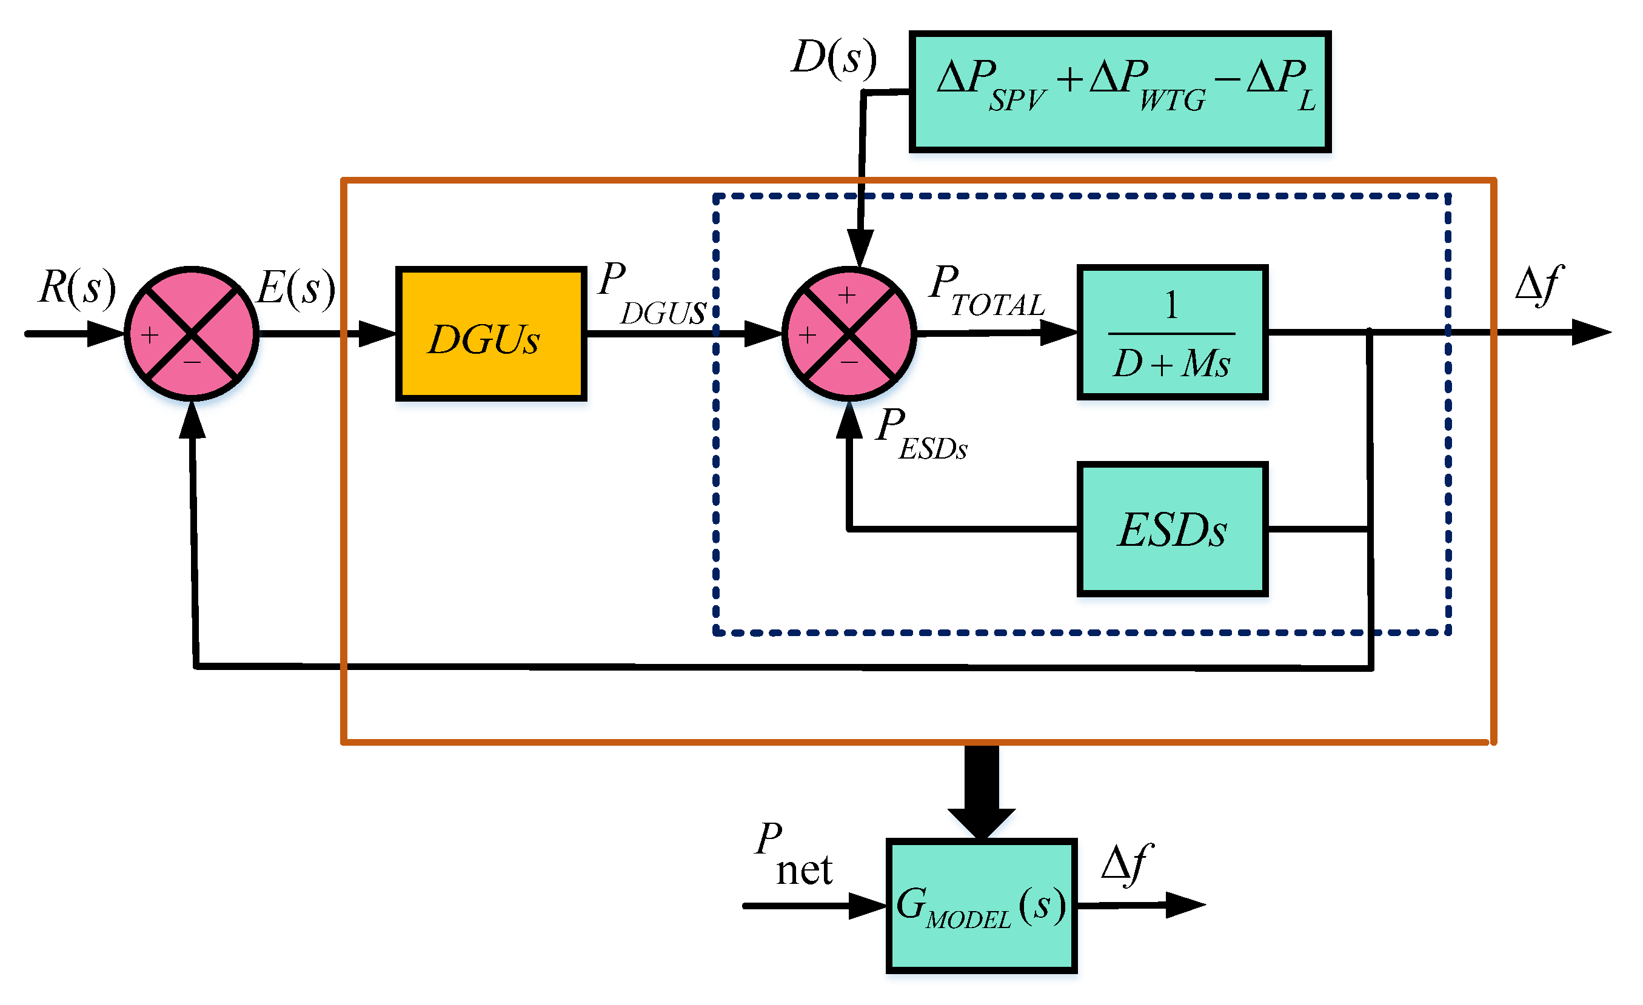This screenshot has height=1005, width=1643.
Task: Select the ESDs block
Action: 1171,530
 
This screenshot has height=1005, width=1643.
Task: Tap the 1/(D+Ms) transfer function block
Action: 1171,333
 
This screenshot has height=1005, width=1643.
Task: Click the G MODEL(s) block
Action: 981,906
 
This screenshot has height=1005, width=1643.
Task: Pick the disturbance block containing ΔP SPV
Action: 1120,91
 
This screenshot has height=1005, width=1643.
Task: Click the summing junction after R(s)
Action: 192,334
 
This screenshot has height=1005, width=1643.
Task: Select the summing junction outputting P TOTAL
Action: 849,334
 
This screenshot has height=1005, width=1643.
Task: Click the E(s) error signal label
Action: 296,288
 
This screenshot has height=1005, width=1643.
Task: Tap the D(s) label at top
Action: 834,58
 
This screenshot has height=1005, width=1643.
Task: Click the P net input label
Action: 794,854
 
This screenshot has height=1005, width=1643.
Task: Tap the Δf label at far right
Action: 1539,285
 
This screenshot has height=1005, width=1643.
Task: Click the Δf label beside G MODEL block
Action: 1126,864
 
